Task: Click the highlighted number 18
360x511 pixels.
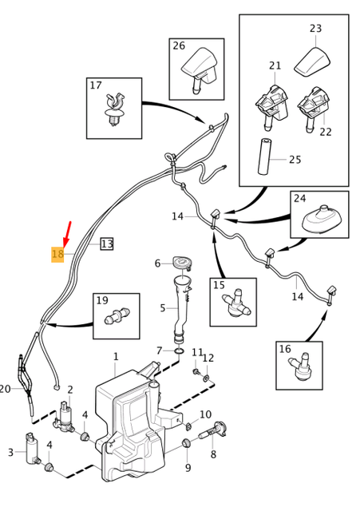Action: pos(57,254)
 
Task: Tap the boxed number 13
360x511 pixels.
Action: pos(107,244)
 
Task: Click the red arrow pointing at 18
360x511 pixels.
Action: pos(67,234)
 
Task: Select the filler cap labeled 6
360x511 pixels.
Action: pos(181,263)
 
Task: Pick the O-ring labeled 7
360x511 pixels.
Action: pos(179,351)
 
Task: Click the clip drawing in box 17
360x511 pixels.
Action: pos(115,109)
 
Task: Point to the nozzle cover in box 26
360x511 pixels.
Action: pos(200,69)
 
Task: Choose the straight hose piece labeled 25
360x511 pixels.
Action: pos(264,156)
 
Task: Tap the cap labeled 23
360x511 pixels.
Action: pos(312,62)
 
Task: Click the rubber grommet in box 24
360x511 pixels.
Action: pos(321,220)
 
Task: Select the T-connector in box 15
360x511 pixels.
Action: pos(236,303)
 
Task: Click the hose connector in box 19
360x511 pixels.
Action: pos(117,315)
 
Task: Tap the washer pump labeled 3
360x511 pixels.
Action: pos(33,448)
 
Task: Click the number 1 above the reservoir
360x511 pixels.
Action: pos(116,356)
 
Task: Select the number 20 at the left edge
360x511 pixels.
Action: pos(5,389)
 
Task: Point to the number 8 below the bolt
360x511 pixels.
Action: pos(213,454)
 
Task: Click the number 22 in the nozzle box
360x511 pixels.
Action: pos(325,132)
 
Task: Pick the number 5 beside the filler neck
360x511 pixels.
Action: pos(163,307)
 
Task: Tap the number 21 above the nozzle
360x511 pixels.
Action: pos(275,65)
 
